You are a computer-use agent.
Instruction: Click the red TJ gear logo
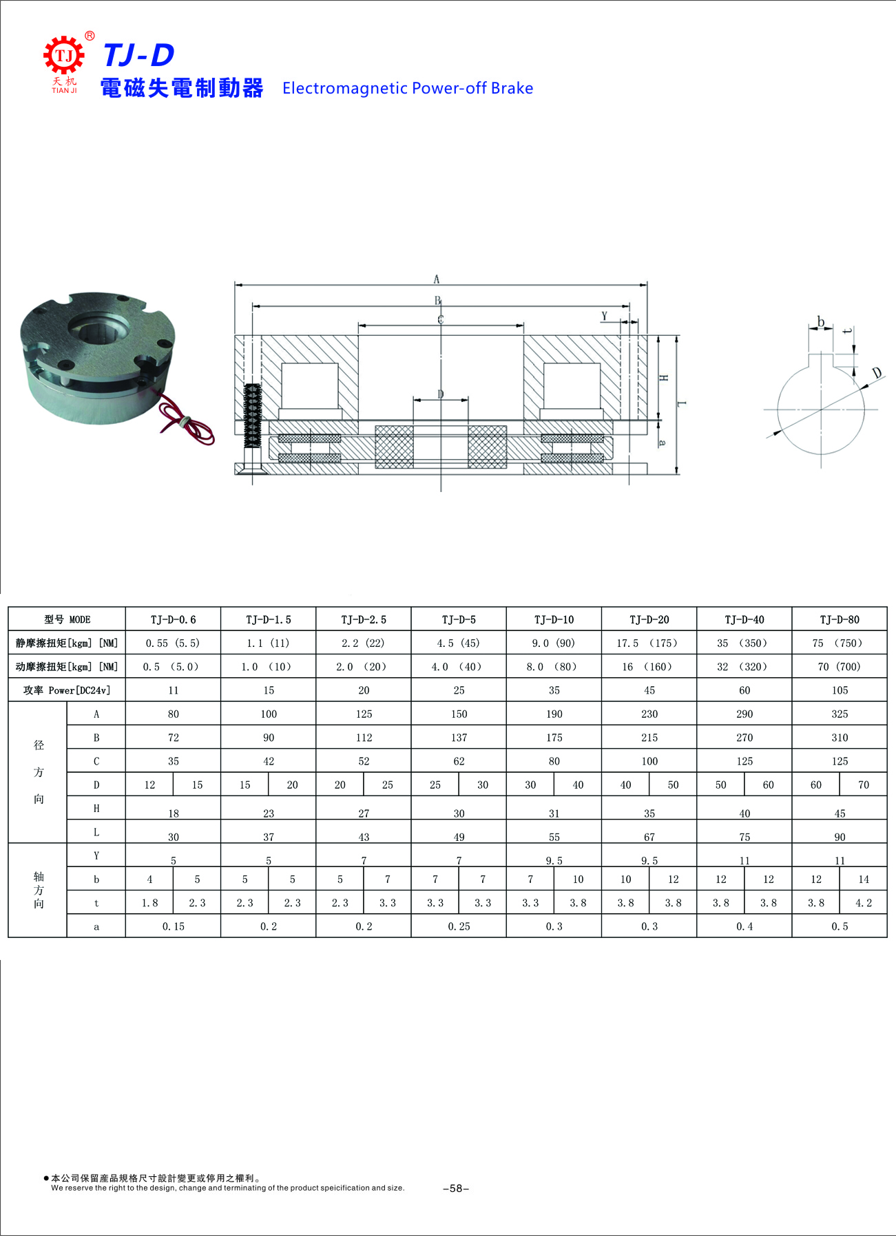coord(64,56)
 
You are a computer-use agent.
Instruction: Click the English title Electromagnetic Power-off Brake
coord(408,88)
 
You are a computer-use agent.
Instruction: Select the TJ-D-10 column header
coord(554,619)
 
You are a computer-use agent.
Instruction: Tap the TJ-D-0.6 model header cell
coord(174,619)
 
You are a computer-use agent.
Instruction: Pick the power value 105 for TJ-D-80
coord(840,690)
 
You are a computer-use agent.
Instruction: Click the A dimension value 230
coord(649,714)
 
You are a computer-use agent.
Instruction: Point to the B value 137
coord(459,738)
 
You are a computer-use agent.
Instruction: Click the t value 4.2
coord(864,903)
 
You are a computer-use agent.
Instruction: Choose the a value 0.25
coord(459,926)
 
